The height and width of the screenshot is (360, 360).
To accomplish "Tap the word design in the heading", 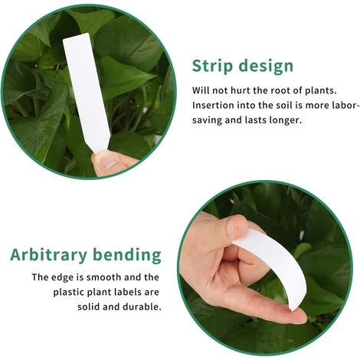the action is pyautogui.click(x=266, y=66).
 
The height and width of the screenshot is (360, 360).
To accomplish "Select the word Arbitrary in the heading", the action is pyautogui.click(x=48, y=255).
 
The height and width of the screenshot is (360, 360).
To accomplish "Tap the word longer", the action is pyautogui.click(x=286, y=120).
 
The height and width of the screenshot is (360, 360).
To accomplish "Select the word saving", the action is pyautogui.click(x=207, y=120).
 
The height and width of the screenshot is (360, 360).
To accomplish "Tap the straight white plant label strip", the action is pyautogui.click(x=86, y=92).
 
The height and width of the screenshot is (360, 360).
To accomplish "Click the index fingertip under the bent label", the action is pyautogui.click(x=297, y=316).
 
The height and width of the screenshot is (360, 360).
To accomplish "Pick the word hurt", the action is pyautogui.click(x=240, y=90).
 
